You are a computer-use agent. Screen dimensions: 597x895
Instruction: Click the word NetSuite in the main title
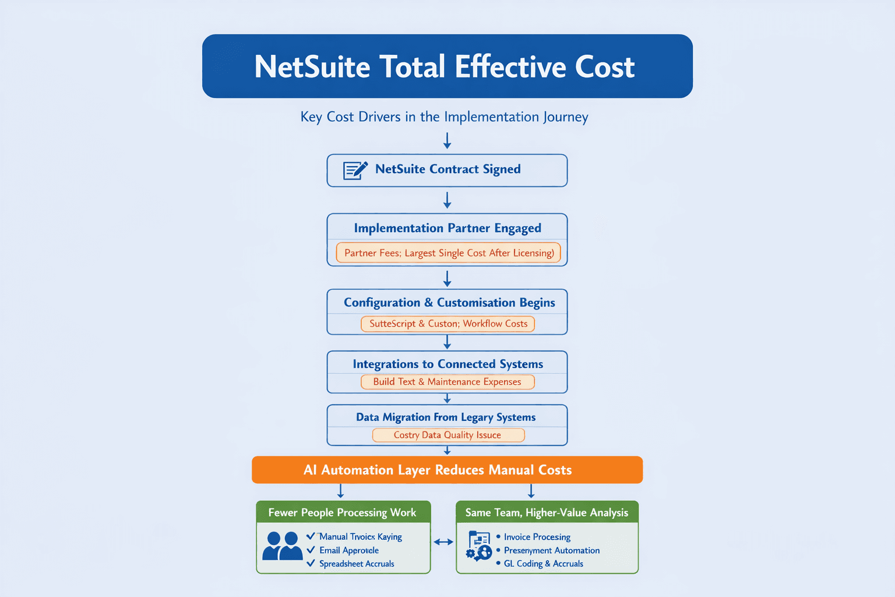(x=312, y=67)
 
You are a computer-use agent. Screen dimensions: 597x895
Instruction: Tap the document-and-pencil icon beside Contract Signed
(x=355, y=170)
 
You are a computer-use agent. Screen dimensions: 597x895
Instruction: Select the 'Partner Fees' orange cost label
(x=448, y=253)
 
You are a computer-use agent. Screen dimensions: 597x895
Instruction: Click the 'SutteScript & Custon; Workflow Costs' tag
(x=447, y=324)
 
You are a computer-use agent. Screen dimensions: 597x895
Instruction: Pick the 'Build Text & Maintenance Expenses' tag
(x=447, y=382)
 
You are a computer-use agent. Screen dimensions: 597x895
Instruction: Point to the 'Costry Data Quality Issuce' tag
(x=447, y=435)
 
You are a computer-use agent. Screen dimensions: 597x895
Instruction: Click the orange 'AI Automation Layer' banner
(x=447, y=470)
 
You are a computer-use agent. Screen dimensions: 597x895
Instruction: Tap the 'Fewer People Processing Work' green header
(x=343, y=512)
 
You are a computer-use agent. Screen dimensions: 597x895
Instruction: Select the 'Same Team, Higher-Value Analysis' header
(x=547, y=512)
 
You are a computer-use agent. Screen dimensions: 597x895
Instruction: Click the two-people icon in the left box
(x=282, y=546)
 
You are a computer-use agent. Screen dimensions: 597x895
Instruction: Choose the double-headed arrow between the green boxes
(x=443, y=542)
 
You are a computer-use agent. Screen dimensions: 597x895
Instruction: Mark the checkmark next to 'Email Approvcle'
(x=311, y=550)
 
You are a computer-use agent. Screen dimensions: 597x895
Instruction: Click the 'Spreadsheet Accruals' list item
(x=357, y=564)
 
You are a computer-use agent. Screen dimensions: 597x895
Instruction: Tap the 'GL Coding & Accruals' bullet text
(x=543, y=564)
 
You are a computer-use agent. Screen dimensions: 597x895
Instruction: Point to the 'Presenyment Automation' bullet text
(x=551, y=550)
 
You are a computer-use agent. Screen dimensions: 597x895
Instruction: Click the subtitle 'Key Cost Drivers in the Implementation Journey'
(x=444, y=117)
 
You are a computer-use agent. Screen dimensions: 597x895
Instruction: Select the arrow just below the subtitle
(x=447, y=141)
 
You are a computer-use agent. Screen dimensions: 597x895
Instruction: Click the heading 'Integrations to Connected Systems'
(x=447, y=364)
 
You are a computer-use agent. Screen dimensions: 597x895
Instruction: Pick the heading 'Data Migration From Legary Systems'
(x=446, y=417)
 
